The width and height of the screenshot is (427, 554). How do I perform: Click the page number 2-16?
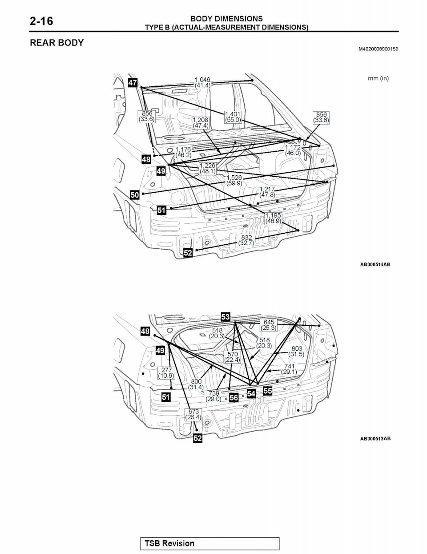pyautogui.click(x=41, y=21)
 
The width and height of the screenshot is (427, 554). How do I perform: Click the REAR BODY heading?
pyautogui.click(x=57, y=43)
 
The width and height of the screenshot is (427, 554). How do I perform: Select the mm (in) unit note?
pyautogui.click(x=378, y=78)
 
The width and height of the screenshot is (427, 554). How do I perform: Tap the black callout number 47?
pyautogui.click(x=133, y=83)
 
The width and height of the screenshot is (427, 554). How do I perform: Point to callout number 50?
pyautogui.click(x=134, y=195)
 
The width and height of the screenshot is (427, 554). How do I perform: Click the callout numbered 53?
pyautogui.click(x=225, y=317)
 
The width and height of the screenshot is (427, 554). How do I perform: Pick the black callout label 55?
pyautogui.click(x=267, y=391)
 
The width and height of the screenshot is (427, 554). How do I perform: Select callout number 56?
pyautogui.click(x=234, y=397)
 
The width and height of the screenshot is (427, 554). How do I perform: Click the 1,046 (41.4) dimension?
pyautogui.click(x=202, y=82)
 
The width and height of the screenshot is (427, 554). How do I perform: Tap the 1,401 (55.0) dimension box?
pyautogui.click(x=233, y=117)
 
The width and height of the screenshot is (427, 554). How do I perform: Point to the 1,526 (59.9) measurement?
pyautogui.click(x=234, y=180)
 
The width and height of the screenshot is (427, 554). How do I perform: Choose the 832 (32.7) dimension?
pyautogui.click(x=246, y=240)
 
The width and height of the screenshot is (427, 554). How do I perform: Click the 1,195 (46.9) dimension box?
pyautogui.click(x=274, y=218)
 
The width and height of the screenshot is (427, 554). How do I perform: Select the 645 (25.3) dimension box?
pyautogui.click(x=269, y=325)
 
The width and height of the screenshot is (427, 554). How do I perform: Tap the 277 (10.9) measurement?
pyautogui.click(x=166, y=373)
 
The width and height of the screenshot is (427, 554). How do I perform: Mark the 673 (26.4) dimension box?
pyautogui.click(x=193, y=415)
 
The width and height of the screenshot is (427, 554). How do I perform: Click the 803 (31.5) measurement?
pyautogui.click(x=297, y=352)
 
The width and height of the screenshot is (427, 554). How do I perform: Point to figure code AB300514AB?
pyautogui.click(x=375, y=264)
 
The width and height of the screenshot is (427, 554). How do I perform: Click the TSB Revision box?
pyautogui.click(x=209, y=543)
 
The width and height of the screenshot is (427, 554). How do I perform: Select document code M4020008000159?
pyautogui.click(x=379, y=49)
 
